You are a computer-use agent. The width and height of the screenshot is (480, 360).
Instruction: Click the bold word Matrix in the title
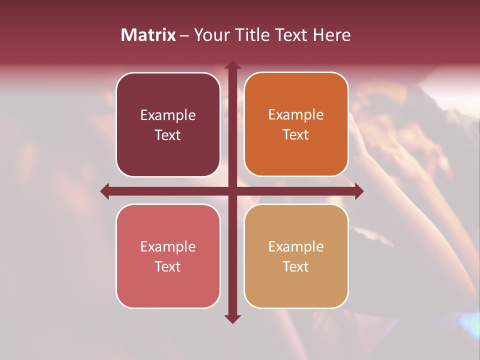click(x=148, y=35)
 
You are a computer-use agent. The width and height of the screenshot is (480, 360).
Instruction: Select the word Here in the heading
click(x=332, y=35)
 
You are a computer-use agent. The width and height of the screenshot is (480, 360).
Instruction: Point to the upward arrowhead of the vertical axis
click(x=232, y=65)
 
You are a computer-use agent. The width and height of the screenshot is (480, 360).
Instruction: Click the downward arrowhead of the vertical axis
click(x=232, y=318)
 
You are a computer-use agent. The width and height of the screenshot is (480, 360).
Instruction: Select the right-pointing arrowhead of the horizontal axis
click(x=358, y=191)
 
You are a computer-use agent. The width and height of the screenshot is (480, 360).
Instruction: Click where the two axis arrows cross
click(x=232, y=191)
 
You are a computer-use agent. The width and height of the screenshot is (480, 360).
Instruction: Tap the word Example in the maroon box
click(x=168, y=115)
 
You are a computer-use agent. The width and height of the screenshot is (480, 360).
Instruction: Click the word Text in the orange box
click(x=296, y=135)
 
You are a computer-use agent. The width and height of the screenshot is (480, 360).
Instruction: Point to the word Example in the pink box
click(x=168, y=246)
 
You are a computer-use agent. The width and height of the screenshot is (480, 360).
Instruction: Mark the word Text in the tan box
click(x=296, y=266)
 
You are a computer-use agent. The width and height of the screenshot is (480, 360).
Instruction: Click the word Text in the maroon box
click(x=168, y=135)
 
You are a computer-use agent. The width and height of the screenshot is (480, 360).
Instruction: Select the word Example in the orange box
click(x=296, y=115)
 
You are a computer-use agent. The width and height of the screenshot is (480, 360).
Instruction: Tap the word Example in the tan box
click(x=296, y=246)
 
